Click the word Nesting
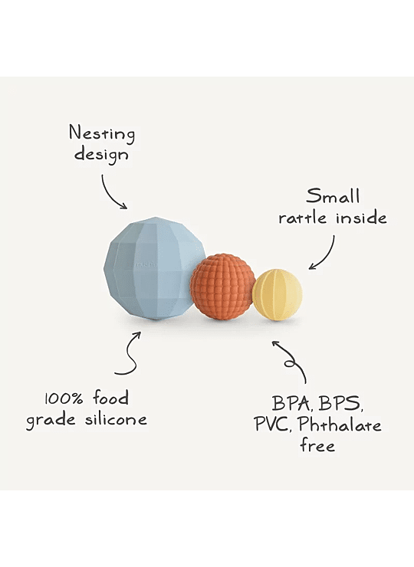[102, 134]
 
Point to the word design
[101, 155]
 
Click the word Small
[333, 196]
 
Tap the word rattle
[302, 218]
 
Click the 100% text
[64, 399]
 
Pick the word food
[110, 398]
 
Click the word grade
[51, 421]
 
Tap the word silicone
[117, 419]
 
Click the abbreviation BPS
[340, 404]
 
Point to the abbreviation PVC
[273, 424]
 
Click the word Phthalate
[340, 424]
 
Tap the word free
[317, 444]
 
